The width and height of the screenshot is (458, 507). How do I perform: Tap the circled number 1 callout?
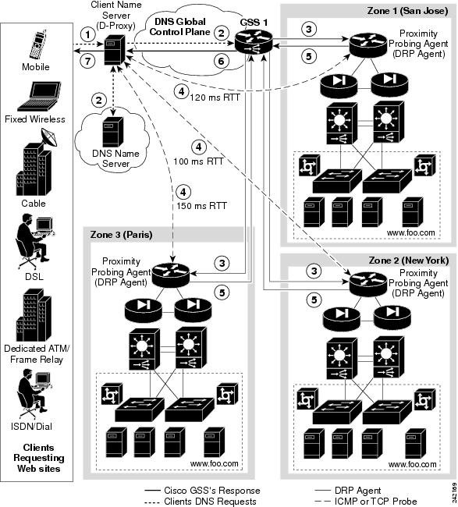click(x=90, y=34)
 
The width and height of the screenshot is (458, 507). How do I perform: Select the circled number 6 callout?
click(x=222, y=61)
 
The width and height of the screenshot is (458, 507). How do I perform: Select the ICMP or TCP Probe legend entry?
click(x=377, y=501)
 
